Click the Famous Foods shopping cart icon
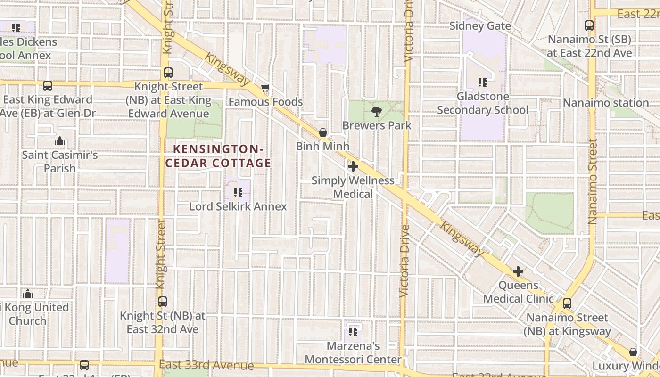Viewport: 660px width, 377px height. tap(265, 88)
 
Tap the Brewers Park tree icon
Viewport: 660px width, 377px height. tap(376, 112)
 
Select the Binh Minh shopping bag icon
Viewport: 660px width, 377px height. tap(323, 132)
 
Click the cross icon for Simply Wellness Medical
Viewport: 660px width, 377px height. tap(353, 166)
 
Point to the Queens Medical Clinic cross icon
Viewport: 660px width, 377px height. tap(518, 271)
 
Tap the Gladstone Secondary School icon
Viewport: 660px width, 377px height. tap(482, 82)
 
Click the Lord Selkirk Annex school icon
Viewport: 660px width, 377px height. tap(238, 192)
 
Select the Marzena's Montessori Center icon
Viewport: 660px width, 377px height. tap(353, 331)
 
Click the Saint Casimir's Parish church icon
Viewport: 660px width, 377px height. tap(59, 141)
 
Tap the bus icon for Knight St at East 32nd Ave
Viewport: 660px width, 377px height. tap(163, 302)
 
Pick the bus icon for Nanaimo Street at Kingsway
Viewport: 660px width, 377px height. tap(567, 303)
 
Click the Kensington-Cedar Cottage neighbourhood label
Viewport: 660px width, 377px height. tap(218, 156)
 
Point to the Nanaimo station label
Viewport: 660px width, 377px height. tap(606, 103)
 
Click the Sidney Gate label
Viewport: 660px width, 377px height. tap(480, 25)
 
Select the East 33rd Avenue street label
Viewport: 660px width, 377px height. tap(206, 365)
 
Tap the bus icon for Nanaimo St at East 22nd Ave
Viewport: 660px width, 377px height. tap(589, 25)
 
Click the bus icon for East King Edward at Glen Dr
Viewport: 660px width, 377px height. tap(47, 86)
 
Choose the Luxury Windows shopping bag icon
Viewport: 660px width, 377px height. tap(633, 352)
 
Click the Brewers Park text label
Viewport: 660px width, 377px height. tap(377, 125)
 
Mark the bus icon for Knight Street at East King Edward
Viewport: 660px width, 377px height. tap(168, 73)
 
